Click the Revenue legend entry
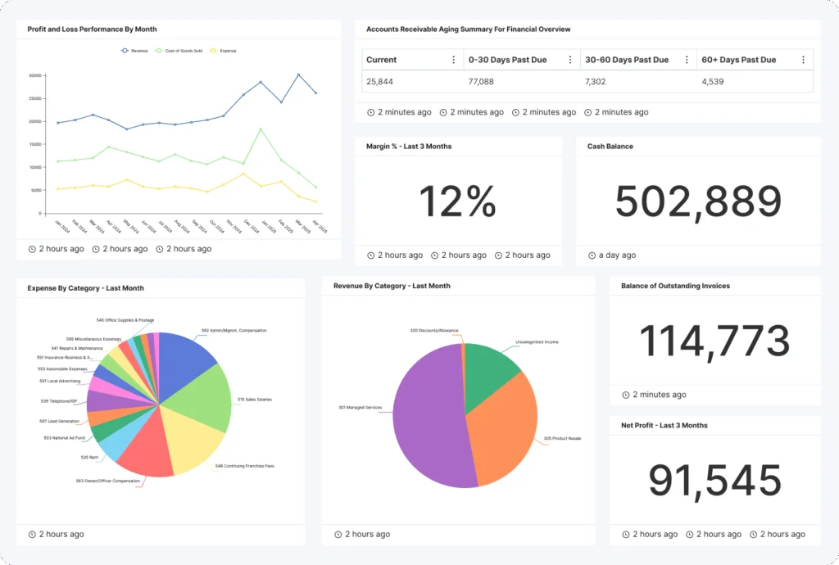(x=135, y=51)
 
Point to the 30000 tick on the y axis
(x=34, y=75)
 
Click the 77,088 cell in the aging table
(x=481, y=82)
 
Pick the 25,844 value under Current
(x=379, y=82)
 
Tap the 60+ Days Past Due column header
(x=738, y=60)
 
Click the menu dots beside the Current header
(x=453, y=60)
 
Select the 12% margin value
(x=457, y=201)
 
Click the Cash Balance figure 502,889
(x=698, y=201)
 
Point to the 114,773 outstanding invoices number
(x=714, y=341)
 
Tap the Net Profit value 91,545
(x=714, y=481)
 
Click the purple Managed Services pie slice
(x=426, y=418)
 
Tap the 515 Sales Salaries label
(x=254, y=400)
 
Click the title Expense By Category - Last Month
(x=85, y=288)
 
